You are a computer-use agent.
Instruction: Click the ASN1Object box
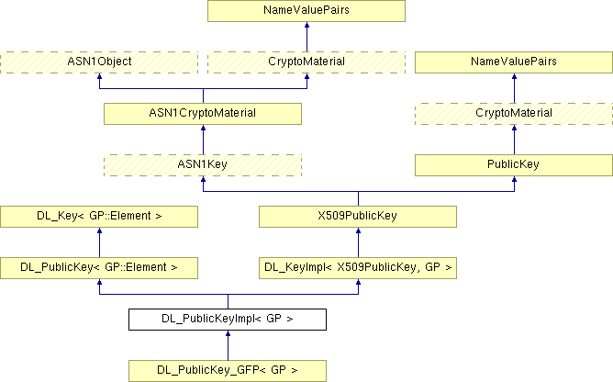[99, 62]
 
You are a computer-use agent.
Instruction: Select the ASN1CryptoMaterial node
[203, 113]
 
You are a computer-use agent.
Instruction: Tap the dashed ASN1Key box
[203, 164]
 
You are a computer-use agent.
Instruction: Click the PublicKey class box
[514, 164]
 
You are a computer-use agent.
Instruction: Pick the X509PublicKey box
[358, 216]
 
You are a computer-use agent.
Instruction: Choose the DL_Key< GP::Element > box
[99, 216]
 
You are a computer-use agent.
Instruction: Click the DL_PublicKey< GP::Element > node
[99, 267]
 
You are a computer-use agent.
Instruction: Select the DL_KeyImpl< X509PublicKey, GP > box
[358, 267]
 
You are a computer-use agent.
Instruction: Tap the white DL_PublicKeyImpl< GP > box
[228, 319]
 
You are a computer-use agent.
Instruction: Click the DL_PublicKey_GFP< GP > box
[228, 370]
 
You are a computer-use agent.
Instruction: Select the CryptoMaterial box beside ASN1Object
[306, 62]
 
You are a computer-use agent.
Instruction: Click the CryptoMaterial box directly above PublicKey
[514, 113]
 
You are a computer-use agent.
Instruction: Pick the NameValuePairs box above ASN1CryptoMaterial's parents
[306, 11]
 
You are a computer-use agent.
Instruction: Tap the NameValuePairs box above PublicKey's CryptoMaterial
[514, 62]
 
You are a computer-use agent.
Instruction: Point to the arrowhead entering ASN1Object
[99, 78]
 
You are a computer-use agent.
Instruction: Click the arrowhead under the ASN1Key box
[203, 181]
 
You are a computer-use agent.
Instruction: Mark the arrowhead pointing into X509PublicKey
[358, 232]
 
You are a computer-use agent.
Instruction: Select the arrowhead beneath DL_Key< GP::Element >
[99, 232]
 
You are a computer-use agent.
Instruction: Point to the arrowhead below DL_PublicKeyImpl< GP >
[228, 335]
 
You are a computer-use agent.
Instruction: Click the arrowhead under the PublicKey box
[514, 181]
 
